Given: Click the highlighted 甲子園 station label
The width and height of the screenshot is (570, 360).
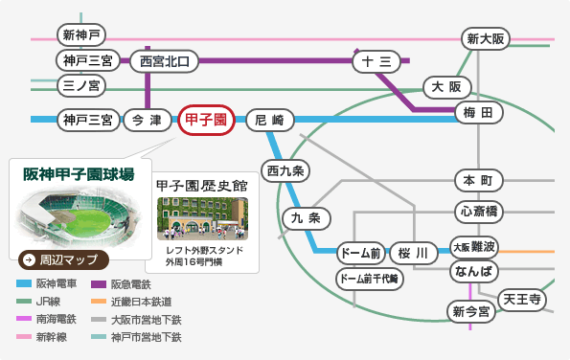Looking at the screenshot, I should (205, 121).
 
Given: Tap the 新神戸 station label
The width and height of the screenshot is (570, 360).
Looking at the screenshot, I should (82, 36).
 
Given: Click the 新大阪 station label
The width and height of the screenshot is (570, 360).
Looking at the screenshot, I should (486, 39).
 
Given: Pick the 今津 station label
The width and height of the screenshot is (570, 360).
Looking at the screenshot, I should (147, 121).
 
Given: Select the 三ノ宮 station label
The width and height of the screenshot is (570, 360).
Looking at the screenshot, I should (82, 86).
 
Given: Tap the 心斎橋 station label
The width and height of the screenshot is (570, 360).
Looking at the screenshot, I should (478, 212).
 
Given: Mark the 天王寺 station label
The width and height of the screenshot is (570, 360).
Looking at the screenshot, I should (523, 300).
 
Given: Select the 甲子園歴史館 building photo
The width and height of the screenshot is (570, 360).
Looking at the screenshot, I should (201, 219).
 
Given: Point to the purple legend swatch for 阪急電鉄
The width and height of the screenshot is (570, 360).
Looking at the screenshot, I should (97, 284).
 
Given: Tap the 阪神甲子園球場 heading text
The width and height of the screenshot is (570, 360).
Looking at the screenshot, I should (79, 174).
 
